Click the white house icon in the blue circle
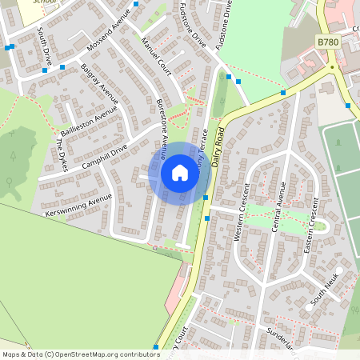(x=180, y=173)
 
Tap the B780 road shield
(x=327, y=42)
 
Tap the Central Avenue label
(x=280, y=205)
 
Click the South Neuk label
(x=326, y=289)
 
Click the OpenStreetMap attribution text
(x=80, y=354)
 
